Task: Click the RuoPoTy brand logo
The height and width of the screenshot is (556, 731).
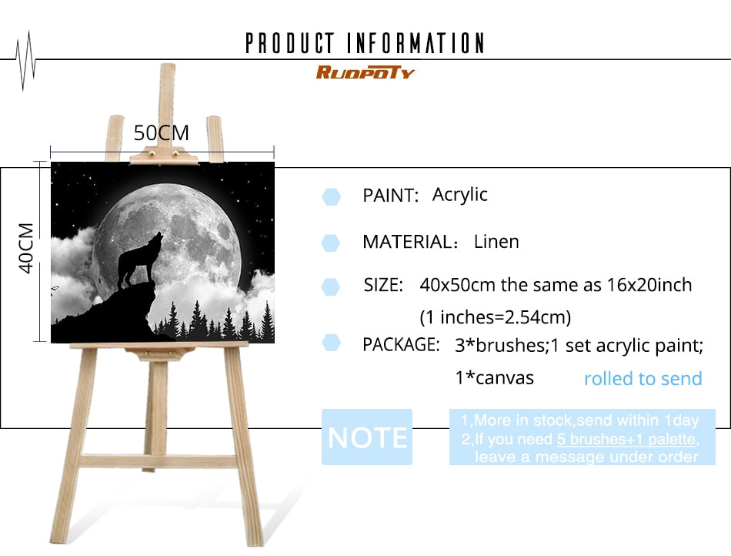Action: pyautogui.click(x=365, y=72)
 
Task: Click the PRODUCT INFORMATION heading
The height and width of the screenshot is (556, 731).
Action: pyautogui.click(x=365, y=43)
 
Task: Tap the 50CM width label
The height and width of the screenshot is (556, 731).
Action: pyautogui.click(x=162, y=133)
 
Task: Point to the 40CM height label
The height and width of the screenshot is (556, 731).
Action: pyautogui.click(x=26, y=248)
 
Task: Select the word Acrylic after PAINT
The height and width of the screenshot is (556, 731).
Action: pyautogui.click(x=459, y=195)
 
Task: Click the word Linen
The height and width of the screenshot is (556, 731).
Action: pyautogui.click(x=496, y=242)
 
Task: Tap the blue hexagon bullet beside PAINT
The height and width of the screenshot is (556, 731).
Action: pyautogui.click(x=331, y=197)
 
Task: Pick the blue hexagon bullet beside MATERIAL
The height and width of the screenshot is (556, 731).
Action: pyautogui.click(x=331, y=243)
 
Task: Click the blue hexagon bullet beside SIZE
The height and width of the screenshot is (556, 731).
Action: pyautogui.click(x=331, y=287)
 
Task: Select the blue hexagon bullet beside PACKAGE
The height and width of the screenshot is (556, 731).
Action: pyautogui.click(x=331, y=343)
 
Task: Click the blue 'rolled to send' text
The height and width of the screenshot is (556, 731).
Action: pyautogui.click(x=643, y=378)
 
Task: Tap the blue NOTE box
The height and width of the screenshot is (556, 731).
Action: pyautogui.click(x=367, y=437)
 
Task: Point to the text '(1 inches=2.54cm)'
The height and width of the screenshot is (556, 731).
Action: pyautogui.click(x=495, y=317)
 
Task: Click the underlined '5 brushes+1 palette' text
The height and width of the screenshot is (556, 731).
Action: pyautogui.click(x=626, y=439)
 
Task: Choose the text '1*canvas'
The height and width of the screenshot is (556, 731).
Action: pyautogui.click(x=494, y=378)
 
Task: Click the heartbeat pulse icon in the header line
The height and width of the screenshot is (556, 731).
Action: pyautogui.click(x=25, y=60)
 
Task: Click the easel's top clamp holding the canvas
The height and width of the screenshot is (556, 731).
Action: pyautogui.click(x=164, y=156)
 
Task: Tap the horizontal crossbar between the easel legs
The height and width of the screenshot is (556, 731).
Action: pyautogui.click(x=159, y=461)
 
